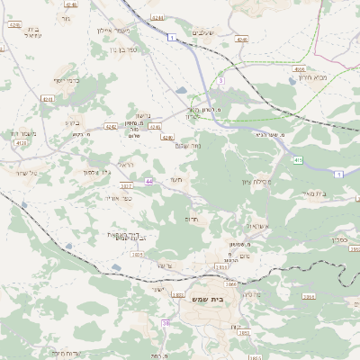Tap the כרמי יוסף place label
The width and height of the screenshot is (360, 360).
point(67,80)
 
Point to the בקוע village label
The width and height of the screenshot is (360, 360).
point(74,122)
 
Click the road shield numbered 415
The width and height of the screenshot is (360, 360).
point(298,160)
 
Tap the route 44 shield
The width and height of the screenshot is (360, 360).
point(148,181)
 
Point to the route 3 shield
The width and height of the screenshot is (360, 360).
point(220,80)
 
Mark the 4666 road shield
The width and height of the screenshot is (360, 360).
point(300,68)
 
